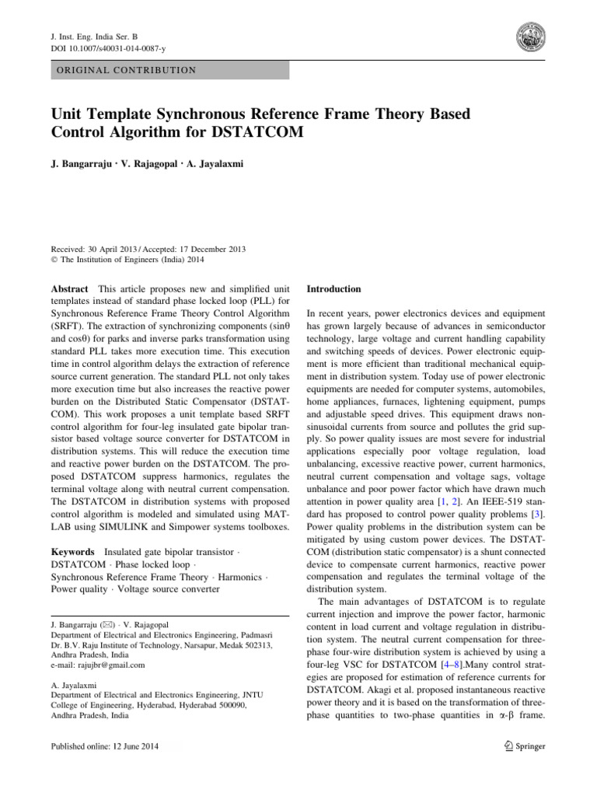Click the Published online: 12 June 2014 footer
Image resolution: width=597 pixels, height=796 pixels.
pos(106,746)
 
